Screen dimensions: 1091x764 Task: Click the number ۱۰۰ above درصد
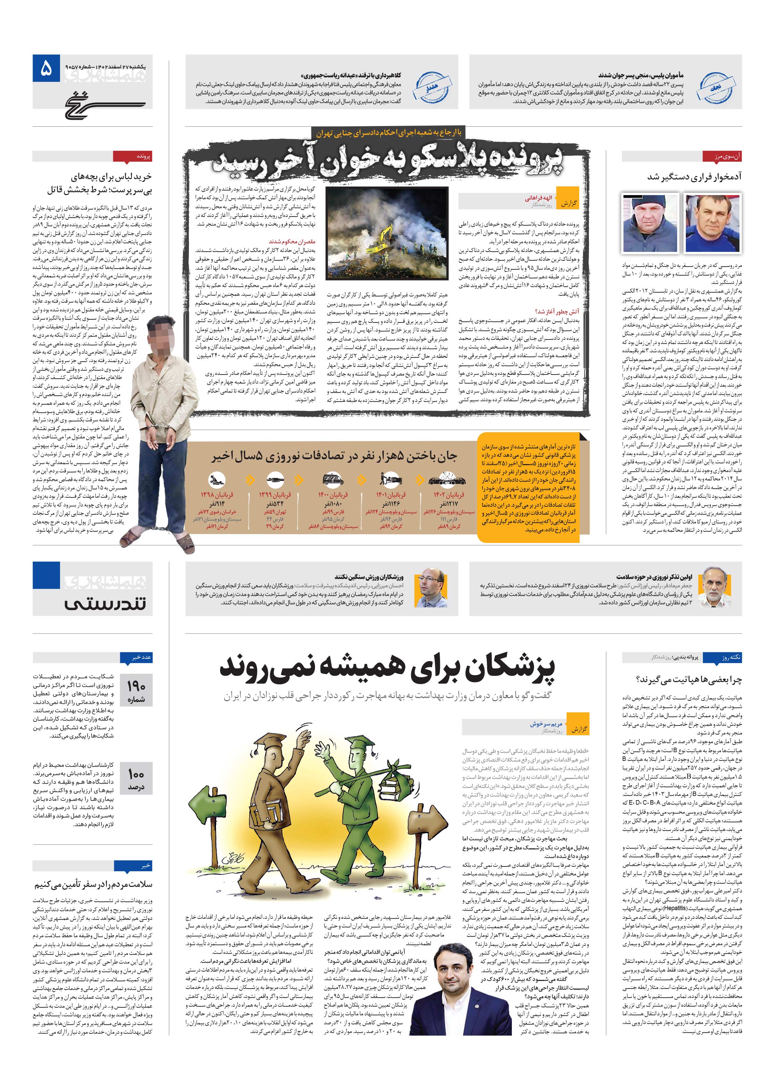(136, 774)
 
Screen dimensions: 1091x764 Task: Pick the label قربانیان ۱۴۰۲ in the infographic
(448, 495)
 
